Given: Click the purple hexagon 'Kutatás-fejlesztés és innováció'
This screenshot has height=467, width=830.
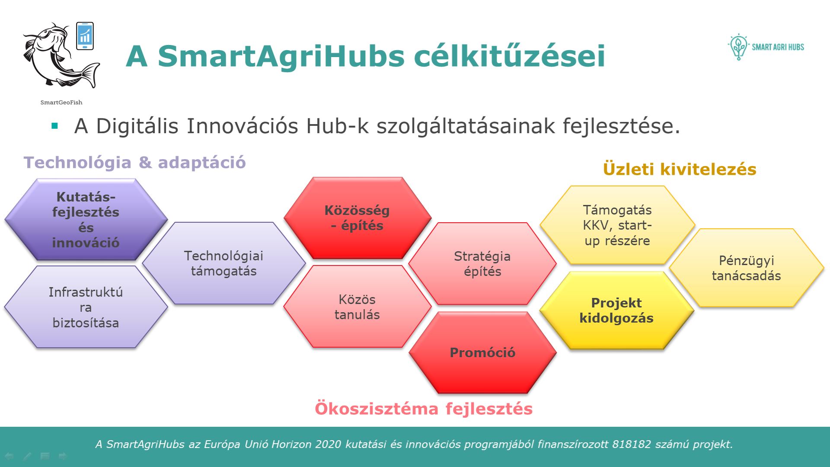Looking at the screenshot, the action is tap(86, 219).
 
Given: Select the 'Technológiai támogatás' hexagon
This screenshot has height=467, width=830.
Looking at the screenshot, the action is tap(224, 263).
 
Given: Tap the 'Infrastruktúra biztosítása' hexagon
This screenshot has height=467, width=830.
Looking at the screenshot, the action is tap(86, 307).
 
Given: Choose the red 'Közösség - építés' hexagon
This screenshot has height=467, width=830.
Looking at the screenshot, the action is tap(358, 218).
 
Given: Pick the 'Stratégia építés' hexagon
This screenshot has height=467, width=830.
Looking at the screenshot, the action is tap(482, 264).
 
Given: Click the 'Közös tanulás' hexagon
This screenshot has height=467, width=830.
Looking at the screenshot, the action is tap(358, 307).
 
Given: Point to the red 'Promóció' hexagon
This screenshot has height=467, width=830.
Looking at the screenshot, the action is tap(482, 352).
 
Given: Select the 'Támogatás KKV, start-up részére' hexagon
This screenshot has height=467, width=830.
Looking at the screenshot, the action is tap(617, 225).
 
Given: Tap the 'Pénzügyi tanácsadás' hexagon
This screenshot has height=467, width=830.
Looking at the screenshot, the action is tap(747, 268).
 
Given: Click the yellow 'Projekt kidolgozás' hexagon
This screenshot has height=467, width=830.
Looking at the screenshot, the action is tap(617, 310).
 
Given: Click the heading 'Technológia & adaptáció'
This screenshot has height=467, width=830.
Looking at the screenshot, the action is tap(135, 163).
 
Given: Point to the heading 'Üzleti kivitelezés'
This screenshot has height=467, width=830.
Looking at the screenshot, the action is tap(680, 169).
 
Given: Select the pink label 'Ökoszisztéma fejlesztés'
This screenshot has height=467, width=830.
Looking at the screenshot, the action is tap(424, 409).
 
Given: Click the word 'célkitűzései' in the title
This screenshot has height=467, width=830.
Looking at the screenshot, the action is tap(510, 56).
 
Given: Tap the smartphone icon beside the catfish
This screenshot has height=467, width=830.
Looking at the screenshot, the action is tap(85, 36).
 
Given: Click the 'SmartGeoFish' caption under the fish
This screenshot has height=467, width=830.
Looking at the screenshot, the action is tap(61, 102).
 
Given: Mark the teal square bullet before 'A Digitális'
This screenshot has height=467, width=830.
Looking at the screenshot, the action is tap(54, 126).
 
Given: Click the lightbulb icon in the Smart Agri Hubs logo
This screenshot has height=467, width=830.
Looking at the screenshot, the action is tap(738, 47).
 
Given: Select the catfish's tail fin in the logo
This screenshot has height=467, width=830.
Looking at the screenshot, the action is tap(89, 75).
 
